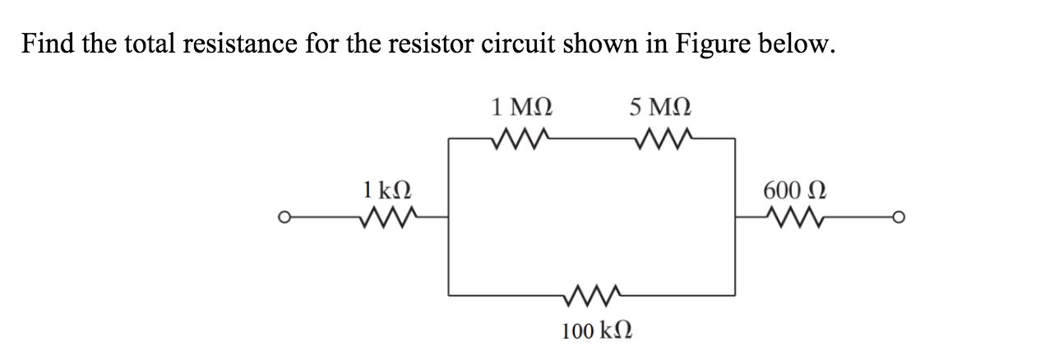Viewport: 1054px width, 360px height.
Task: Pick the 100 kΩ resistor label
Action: [596, 331]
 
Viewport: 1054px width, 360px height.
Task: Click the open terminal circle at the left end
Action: [284, 218]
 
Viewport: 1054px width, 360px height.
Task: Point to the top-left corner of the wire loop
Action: [448, 139]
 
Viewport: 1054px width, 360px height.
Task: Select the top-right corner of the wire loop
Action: [734, 139]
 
